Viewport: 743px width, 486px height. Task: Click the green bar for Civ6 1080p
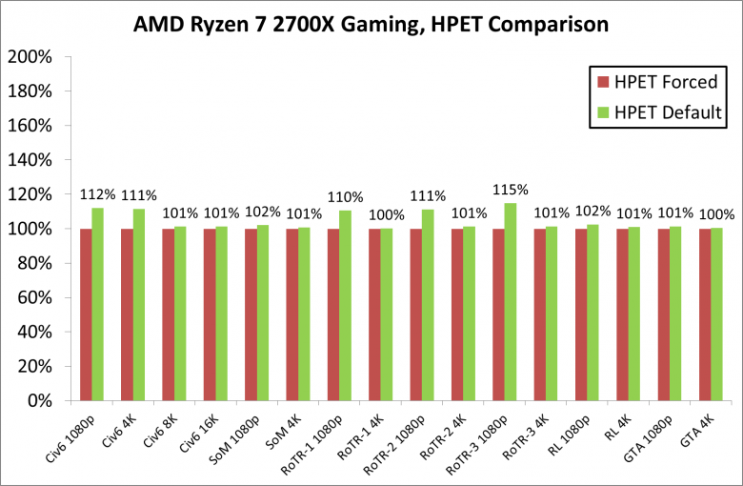[97, 304]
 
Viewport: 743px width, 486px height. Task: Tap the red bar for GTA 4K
[705, 314]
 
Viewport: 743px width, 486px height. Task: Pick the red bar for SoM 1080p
[251, 314]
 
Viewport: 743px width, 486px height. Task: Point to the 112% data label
[97, 194]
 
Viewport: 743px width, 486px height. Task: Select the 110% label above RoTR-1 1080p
[345, 197]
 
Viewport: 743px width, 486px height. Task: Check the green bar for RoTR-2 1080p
[428, 305]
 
